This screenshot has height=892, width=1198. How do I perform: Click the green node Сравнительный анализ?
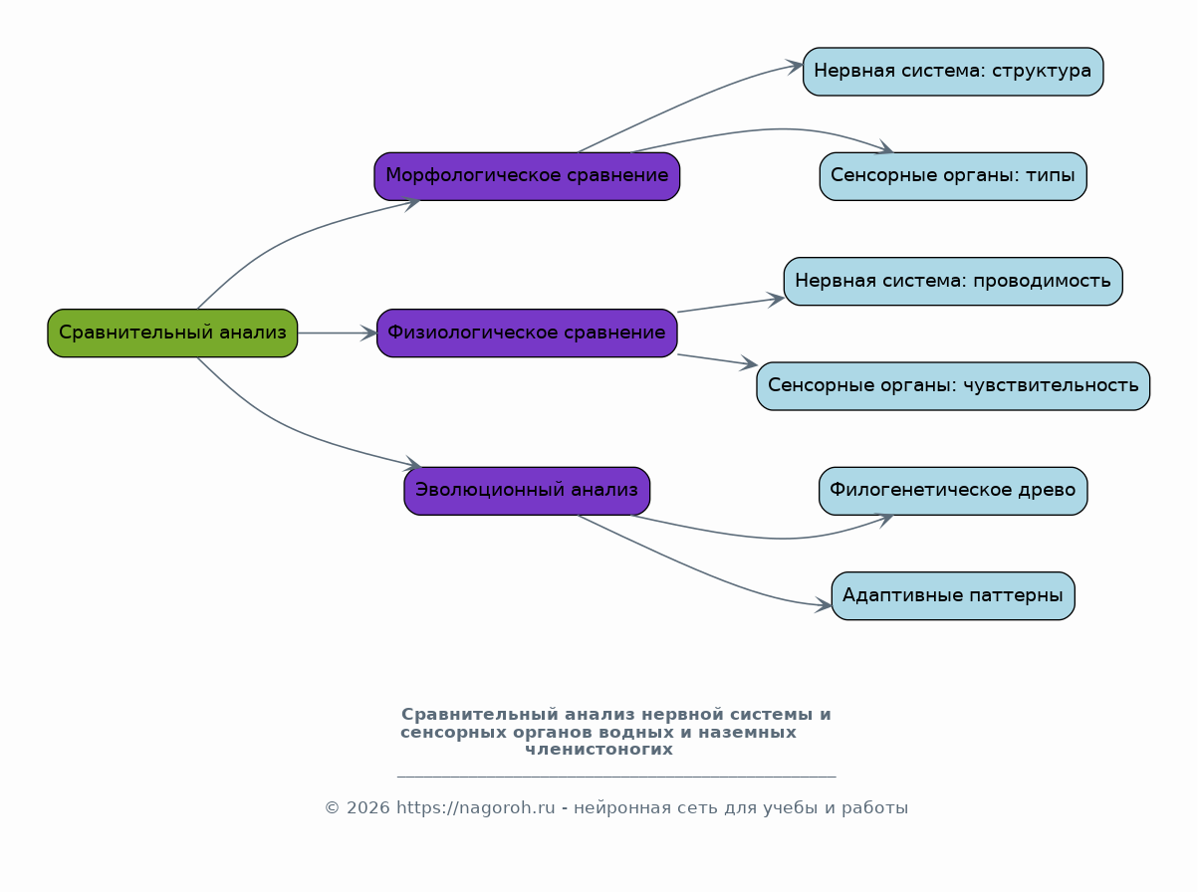172,334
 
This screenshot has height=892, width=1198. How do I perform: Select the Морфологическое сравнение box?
527,176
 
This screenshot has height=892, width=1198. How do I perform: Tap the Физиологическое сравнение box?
527,334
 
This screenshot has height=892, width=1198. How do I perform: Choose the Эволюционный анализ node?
527,491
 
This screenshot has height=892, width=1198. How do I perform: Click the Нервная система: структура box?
953,72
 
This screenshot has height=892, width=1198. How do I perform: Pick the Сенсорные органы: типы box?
953,176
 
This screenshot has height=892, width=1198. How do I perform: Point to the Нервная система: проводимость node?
953,282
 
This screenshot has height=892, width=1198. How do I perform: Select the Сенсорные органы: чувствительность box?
953,386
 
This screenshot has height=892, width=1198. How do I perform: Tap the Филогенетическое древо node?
953,491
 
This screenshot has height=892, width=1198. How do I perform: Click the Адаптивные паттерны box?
953,595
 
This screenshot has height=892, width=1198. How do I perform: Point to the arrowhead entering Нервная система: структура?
796,67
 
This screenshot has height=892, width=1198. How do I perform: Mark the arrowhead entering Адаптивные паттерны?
824,604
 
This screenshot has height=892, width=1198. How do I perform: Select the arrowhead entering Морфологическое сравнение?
411,204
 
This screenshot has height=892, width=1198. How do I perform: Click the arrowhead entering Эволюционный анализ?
413,464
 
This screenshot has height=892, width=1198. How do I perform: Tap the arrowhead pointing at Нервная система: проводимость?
776,299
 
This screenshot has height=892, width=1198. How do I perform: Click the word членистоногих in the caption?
599,750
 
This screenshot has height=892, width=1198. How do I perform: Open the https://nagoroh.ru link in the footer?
475,808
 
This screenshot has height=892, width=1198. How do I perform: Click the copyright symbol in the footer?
333,808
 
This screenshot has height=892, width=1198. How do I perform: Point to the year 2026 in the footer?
367,808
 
